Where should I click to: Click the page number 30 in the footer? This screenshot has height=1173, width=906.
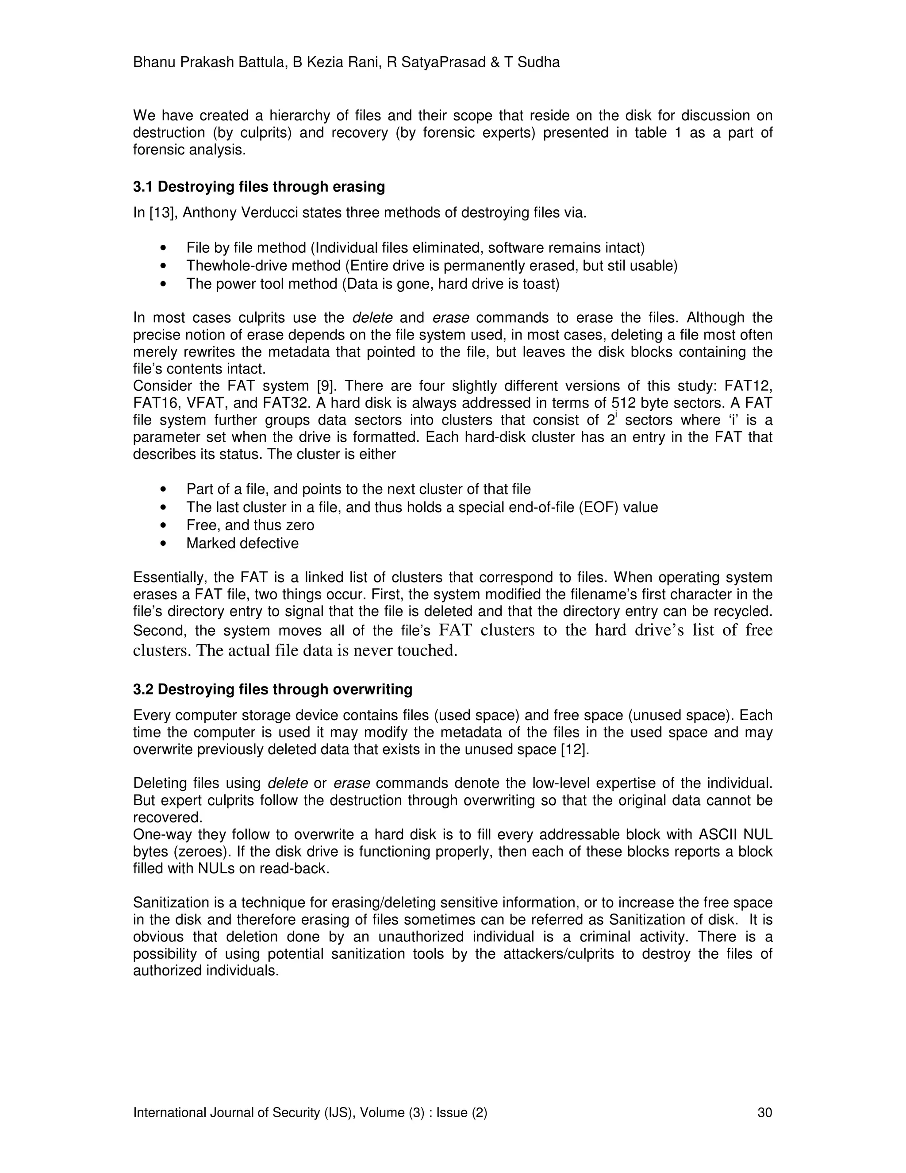(764, 1112)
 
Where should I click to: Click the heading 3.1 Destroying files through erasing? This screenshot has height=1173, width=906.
(259, 187)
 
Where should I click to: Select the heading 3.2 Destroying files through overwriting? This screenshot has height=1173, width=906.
(273, 689)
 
